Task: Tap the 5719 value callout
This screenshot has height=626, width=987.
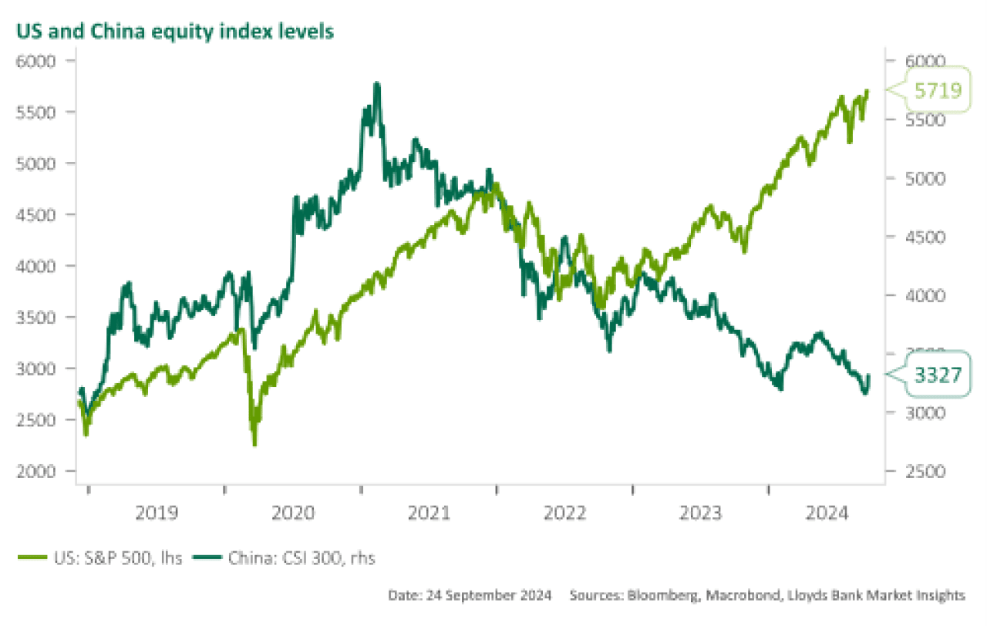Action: coord(937,91)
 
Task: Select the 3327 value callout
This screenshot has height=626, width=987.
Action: coord(937,376)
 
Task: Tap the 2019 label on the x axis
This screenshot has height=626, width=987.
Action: coord(157,513)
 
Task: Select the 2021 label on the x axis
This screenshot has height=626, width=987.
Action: coord(429,513)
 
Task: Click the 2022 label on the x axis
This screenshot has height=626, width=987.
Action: coord(564,513)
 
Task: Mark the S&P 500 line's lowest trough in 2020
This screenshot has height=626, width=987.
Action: coord(254,444)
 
